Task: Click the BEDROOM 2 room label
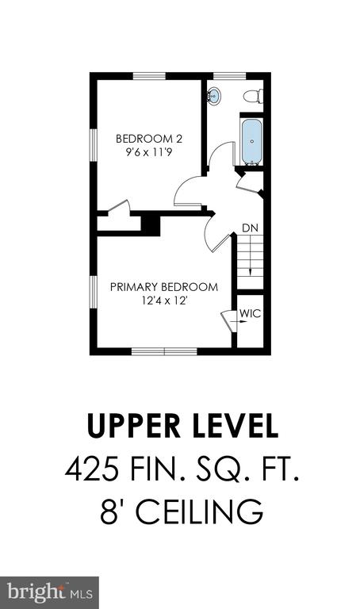149,139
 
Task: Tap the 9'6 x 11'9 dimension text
149,152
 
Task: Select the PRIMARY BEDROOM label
164,287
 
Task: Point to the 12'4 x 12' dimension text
165,301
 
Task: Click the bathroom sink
213,96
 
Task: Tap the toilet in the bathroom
253,96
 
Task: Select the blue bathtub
251,142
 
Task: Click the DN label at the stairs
250,228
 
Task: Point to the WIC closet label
251,314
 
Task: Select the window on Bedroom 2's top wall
150,76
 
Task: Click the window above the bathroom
229,76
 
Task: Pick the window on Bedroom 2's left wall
94,144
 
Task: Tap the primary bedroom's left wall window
94,293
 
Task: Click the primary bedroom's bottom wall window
165,351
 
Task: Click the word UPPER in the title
134,426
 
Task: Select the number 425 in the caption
92,469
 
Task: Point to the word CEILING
199,512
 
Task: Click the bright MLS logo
50,592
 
